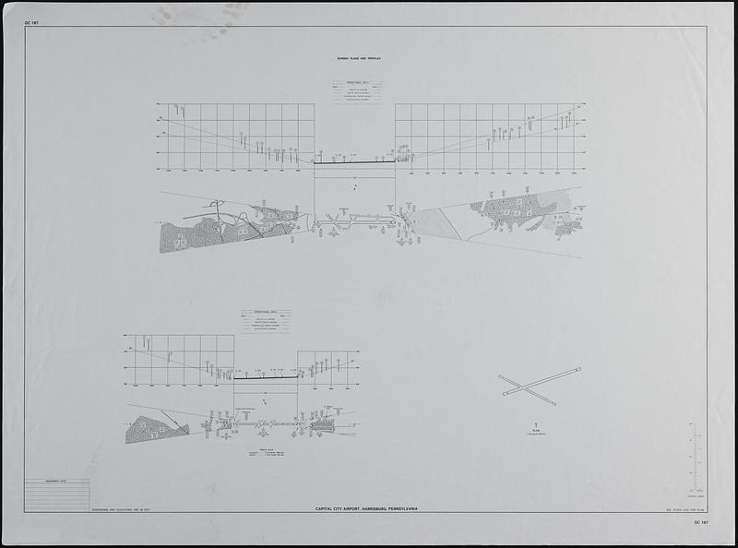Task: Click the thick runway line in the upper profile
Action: pyautogui.click(x=354, y=162)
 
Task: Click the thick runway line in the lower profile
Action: pyautogui.click(x=266, y=377)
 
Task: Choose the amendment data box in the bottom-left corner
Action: pyautogui.click(x=57, y=494)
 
